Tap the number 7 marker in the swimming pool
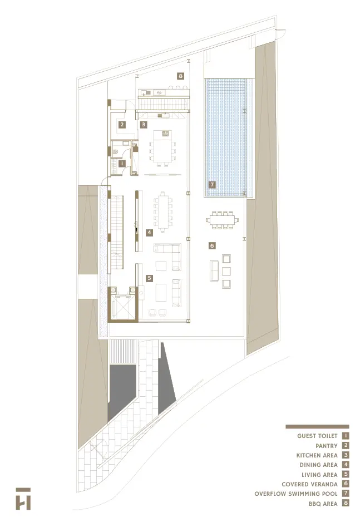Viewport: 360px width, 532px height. [211, 184]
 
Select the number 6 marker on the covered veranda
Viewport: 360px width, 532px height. [211, 245]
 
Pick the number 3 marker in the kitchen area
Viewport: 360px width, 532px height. [143, 125]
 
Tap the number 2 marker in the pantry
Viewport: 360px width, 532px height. [121, 125]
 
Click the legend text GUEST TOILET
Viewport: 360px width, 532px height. [317, 436]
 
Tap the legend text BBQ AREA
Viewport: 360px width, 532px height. [323, 504]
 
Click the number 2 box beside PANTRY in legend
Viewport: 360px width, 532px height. [346, 445]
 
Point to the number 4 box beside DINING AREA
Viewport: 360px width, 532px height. [346, 465]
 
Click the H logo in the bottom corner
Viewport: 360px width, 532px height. [23, 499]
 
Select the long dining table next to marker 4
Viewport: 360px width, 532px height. [163, 211]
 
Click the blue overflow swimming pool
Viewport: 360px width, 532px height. [228, 134]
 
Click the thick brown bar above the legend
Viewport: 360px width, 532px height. [317, 426]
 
